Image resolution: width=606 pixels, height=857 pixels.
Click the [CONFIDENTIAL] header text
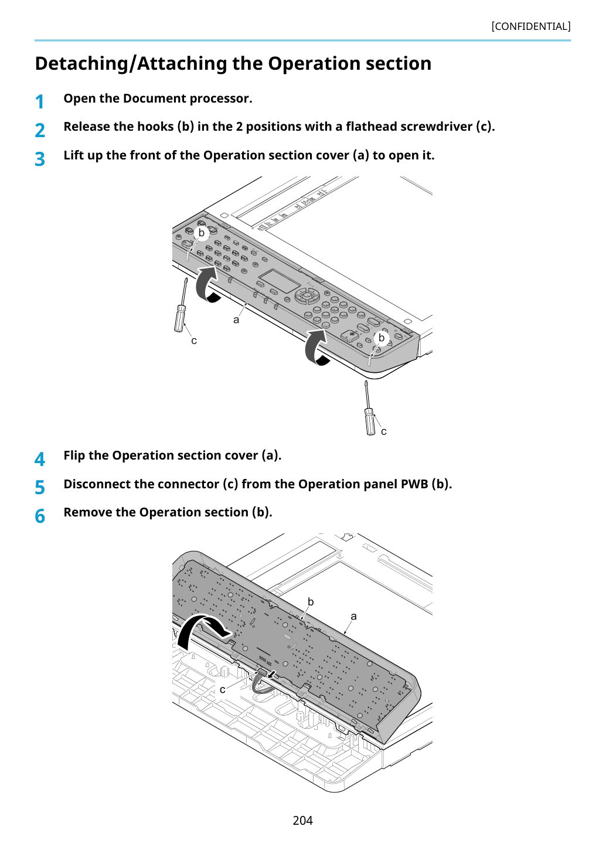click(x=530, y=26)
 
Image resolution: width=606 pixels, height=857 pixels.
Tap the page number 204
click(x=302, y=820)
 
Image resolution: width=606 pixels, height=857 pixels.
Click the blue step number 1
click(x=40, y=102)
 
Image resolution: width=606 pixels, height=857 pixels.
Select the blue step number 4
click(x=40, y=459)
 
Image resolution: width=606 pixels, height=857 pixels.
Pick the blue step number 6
click(x=40, y=516)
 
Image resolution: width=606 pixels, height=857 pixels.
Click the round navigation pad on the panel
click(x=307, y=296)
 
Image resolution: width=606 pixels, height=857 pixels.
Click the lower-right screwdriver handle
click(x=370, y=421)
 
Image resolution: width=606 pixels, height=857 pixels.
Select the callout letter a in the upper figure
click(x=236, y=320)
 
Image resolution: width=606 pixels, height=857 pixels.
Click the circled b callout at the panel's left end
click(x=201, y=233)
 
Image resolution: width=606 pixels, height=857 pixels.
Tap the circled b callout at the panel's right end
click(x=381, y=338)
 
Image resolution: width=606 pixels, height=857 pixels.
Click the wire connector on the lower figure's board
click(x=261, y=672)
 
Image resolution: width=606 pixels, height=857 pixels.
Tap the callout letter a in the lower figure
click(x=353, y=616)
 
